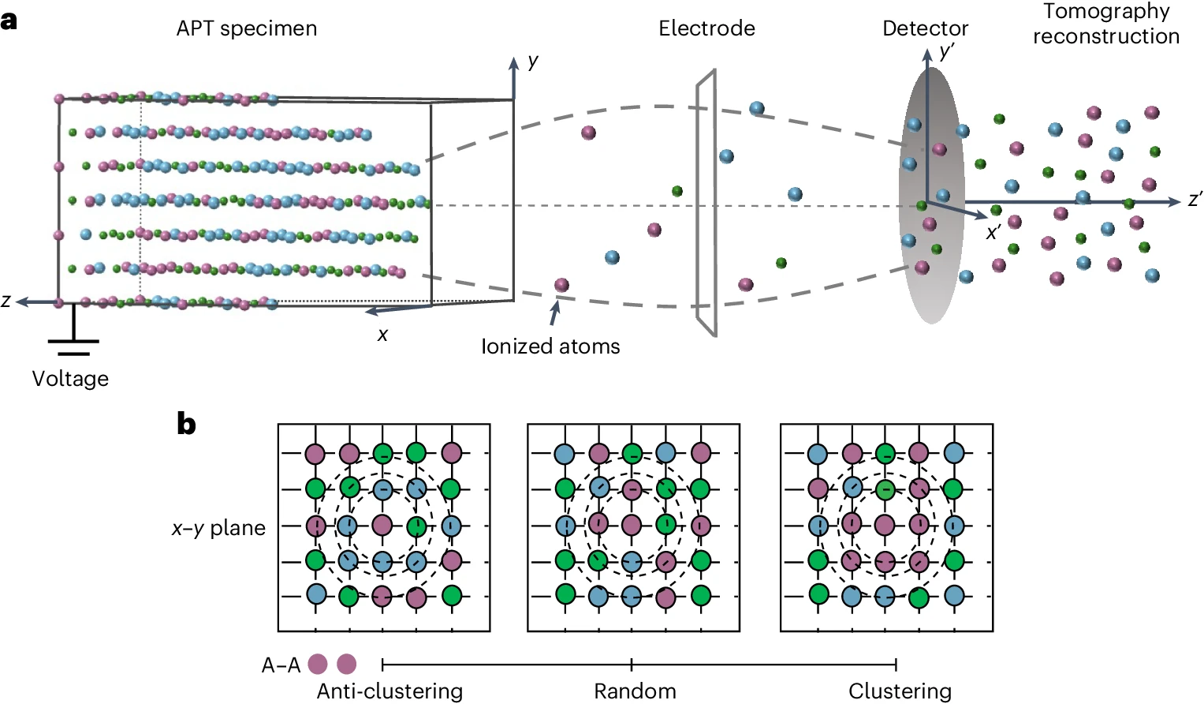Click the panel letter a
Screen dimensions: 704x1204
(x=9, y=20)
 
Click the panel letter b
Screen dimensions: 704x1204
(x=186, y=424)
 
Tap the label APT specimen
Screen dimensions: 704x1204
(x=247, y=29)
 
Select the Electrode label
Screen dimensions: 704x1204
(x=706, y=29)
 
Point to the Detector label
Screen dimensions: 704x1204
(x=925, y=29)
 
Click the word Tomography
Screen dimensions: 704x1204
(x=1106, y=12)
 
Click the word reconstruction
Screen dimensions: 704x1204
(x=1106, y=36)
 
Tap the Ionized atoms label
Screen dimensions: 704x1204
(x=550, y=346)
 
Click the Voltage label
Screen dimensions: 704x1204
(x=70, y=379)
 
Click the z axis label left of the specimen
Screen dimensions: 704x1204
(x=6, y=301)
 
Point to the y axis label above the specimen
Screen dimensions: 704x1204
(x=534, y=61)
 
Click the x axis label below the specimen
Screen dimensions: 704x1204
(x=382, y=335)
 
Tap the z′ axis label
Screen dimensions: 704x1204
(x=1195, y=200)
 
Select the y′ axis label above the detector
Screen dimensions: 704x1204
(x=947, y=52)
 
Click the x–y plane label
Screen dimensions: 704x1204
(x=218, y=528)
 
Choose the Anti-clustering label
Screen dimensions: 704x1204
(x=390, y=691)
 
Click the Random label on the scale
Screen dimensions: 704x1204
(x=635, y=691)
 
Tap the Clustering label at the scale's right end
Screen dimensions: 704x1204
(x=900, y=691)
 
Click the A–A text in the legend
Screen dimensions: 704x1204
(x=281, y=665)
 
